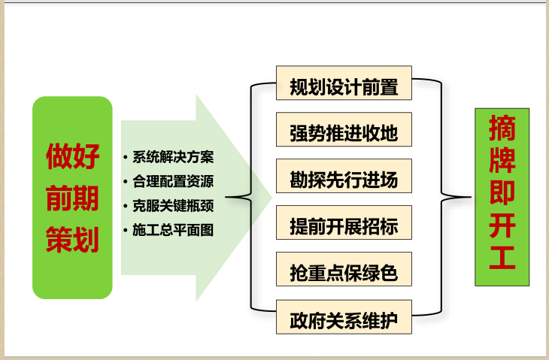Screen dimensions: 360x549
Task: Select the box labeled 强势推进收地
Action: pos(344,134)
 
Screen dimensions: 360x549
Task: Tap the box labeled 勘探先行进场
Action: pos(344,180)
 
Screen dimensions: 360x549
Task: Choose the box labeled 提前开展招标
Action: pos(344,227)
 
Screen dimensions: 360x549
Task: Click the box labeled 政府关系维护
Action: pos(344,322)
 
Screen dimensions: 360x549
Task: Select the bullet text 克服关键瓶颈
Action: pos(173,205)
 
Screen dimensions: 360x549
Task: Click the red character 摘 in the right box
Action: pos(502,129)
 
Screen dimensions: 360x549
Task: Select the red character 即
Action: pos(502,195)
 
